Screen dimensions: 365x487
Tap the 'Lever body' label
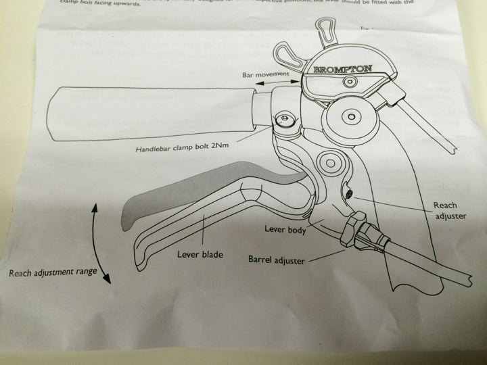pos(285,230)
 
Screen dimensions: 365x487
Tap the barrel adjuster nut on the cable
pos(355,234)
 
